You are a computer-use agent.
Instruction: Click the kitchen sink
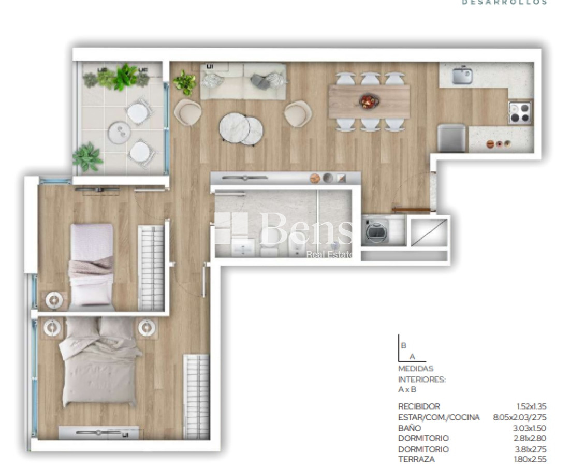coord(462,76)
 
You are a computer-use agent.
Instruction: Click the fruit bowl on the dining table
coord(369,101)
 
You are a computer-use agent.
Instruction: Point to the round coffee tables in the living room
coord(241,128)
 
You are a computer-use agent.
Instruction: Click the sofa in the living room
coord(243,81)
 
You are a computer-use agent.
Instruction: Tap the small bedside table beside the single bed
coord(54,300)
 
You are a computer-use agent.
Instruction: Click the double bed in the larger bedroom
coord(99,362)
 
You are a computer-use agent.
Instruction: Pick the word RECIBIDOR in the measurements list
coord(419,407)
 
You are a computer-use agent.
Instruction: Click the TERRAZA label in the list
coord(416,459)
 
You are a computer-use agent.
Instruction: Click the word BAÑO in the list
coord(410,428)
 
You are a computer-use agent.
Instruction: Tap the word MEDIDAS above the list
coord(415,369)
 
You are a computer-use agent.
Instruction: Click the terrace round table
coord(119,132)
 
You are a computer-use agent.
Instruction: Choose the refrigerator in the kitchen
coord(451,138)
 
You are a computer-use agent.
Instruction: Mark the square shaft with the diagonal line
coord(428,232)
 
